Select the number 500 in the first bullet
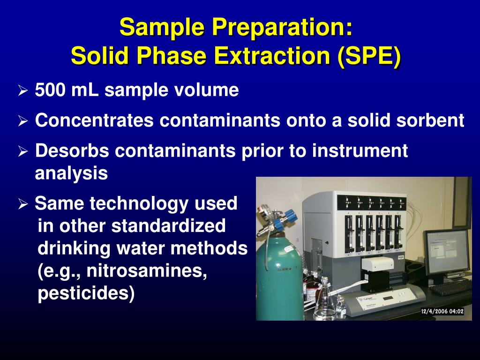coord(50,90)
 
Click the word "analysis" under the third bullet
coord(71,173)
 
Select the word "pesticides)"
coord(86,293)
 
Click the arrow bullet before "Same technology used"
coord(23,204)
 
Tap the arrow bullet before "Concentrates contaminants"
coord(23,121)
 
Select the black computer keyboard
coord(450,287)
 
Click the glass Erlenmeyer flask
coord(324,305)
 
